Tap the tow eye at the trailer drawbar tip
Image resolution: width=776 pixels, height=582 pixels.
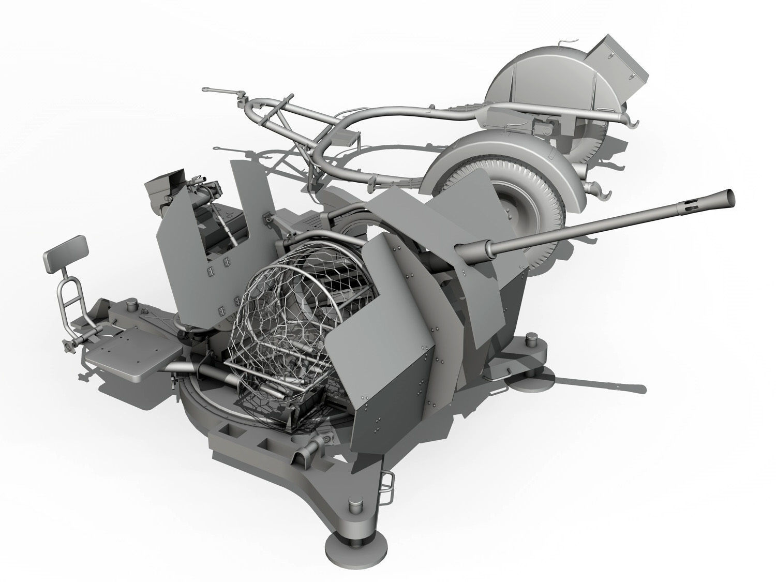pos(206,90)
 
